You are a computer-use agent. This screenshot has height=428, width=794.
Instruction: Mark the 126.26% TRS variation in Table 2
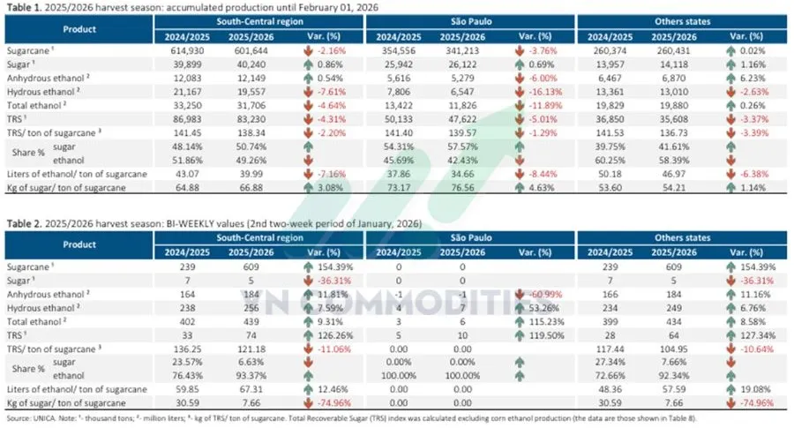tap(317, 335)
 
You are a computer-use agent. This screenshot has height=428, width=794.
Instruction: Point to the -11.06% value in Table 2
tap(317, 348)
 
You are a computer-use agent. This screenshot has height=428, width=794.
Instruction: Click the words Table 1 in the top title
tap(24, 7)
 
